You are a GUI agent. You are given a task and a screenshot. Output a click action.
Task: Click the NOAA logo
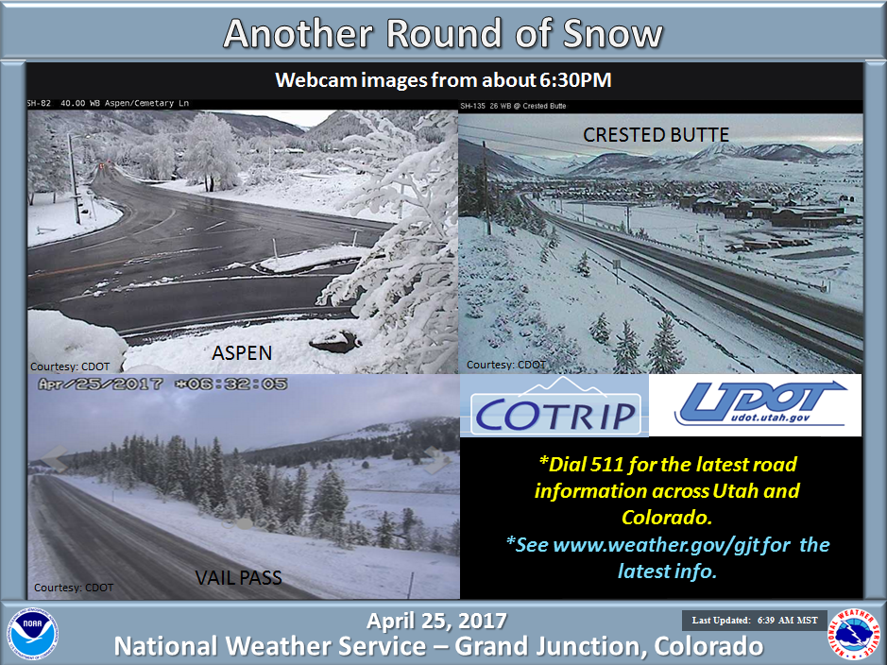pyautogui.click(x=32, y=634)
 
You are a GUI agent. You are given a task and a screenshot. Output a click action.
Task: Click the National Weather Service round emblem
pyautogui.click(x=854, y=634)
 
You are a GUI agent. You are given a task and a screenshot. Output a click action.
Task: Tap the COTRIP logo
pyautogui.click(x=554, y=406)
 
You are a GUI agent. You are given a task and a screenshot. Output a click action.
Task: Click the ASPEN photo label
pyautogui.click(x=242, y=353)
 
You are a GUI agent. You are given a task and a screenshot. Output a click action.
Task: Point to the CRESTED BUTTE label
pyautogui.click(x=657, y=134)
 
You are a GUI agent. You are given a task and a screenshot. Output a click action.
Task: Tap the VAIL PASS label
pyautogui.click(x=238, y=577)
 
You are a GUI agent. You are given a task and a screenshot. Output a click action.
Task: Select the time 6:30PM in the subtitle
pyautogui.click(x=575, y=79)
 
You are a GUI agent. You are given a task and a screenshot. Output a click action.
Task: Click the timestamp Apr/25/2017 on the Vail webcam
pyautogui.click(x=100, y=384)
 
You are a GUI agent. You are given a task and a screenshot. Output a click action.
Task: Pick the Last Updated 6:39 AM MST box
pyautogui.click(x=755, y=621)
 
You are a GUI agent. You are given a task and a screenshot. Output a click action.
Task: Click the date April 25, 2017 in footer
pyautogui.click(x=436, y=621)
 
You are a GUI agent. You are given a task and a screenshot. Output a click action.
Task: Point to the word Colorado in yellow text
pyautogui.click(x=666, y=517)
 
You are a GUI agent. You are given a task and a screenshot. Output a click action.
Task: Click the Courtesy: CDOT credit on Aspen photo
pyautogui.click(x=70, y=367)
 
